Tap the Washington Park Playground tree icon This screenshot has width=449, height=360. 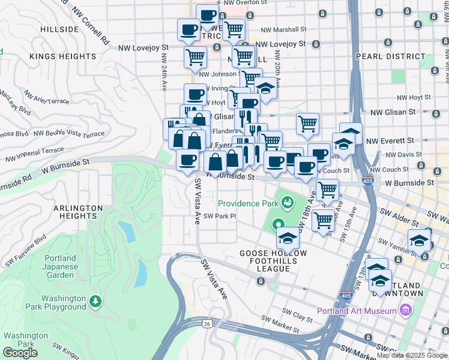pyautogui.click(x=95, y=300)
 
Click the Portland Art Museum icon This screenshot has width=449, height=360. pyautogui.click(x=405, y=310)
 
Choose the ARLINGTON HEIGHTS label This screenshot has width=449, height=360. pyautogui.click(x=79, y=212)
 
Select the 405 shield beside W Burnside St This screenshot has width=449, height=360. pyautogui.click(x=366, y=181)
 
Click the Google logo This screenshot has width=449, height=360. pyautogui.click(x=20, y=353)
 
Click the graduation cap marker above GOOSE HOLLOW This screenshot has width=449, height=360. pyautogui.click(x=288, y=238)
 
